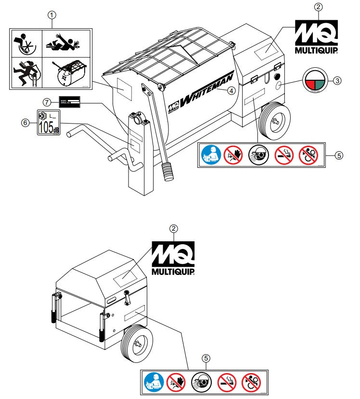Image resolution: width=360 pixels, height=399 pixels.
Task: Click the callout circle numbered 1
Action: pyautogui.click(x=52, y=15)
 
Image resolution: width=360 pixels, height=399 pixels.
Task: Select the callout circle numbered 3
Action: pyautogui.click(x=337, y=81)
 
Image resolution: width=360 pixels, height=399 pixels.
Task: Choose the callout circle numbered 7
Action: pyautogui.click(x=47, y=102)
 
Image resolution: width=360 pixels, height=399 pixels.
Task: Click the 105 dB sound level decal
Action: pyautogui.click(x=48, y=123)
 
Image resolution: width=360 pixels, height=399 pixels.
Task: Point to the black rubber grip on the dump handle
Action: pyautogui.click(x=168, y=172)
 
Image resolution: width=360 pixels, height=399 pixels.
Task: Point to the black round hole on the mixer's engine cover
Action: pyautogui.click(x=277, y=77)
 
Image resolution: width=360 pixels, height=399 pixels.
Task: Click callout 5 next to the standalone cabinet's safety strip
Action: pyautogui.click(x=206, y=358)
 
